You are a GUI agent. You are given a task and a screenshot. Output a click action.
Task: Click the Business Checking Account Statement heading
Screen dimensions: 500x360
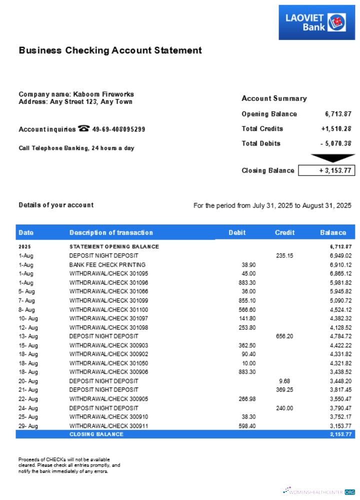tap(110, 50)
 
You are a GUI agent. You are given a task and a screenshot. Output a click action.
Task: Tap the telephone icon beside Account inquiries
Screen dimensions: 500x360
tap(83, 129)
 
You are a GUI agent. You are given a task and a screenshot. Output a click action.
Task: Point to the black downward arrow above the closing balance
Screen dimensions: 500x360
tap(326, 158)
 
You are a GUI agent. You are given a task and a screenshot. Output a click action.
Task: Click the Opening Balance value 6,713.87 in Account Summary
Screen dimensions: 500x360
tap(338, 114)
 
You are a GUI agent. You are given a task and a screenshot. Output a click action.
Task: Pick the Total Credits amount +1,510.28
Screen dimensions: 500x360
tap(336, 129)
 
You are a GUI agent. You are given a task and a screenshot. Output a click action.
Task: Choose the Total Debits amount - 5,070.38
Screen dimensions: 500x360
tap(335, 143)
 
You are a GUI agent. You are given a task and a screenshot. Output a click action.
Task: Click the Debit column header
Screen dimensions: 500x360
tap(237, 232)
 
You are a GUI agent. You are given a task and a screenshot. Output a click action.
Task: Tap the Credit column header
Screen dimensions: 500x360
tap(284, 232)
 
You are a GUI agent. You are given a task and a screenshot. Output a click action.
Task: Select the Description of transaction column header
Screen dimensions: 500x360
tap(111, 232)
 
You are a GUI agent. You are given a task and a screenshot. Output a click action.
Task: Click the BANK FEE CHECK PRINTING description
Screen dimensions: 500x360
tap(107, 264)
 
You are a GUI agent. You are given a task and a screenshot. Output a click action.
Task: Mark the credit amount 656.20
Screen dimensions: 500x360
tap(284, 336)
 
